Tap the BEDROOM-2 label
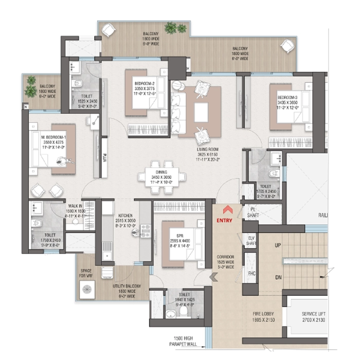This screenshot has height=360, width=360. coord(145,83)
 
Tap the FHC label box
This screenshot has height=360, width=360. coord(251,274)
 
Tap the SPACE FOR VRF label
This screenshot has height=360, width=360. coord(85,273)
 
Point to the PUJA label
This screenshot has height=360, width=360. coord(104,157)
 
